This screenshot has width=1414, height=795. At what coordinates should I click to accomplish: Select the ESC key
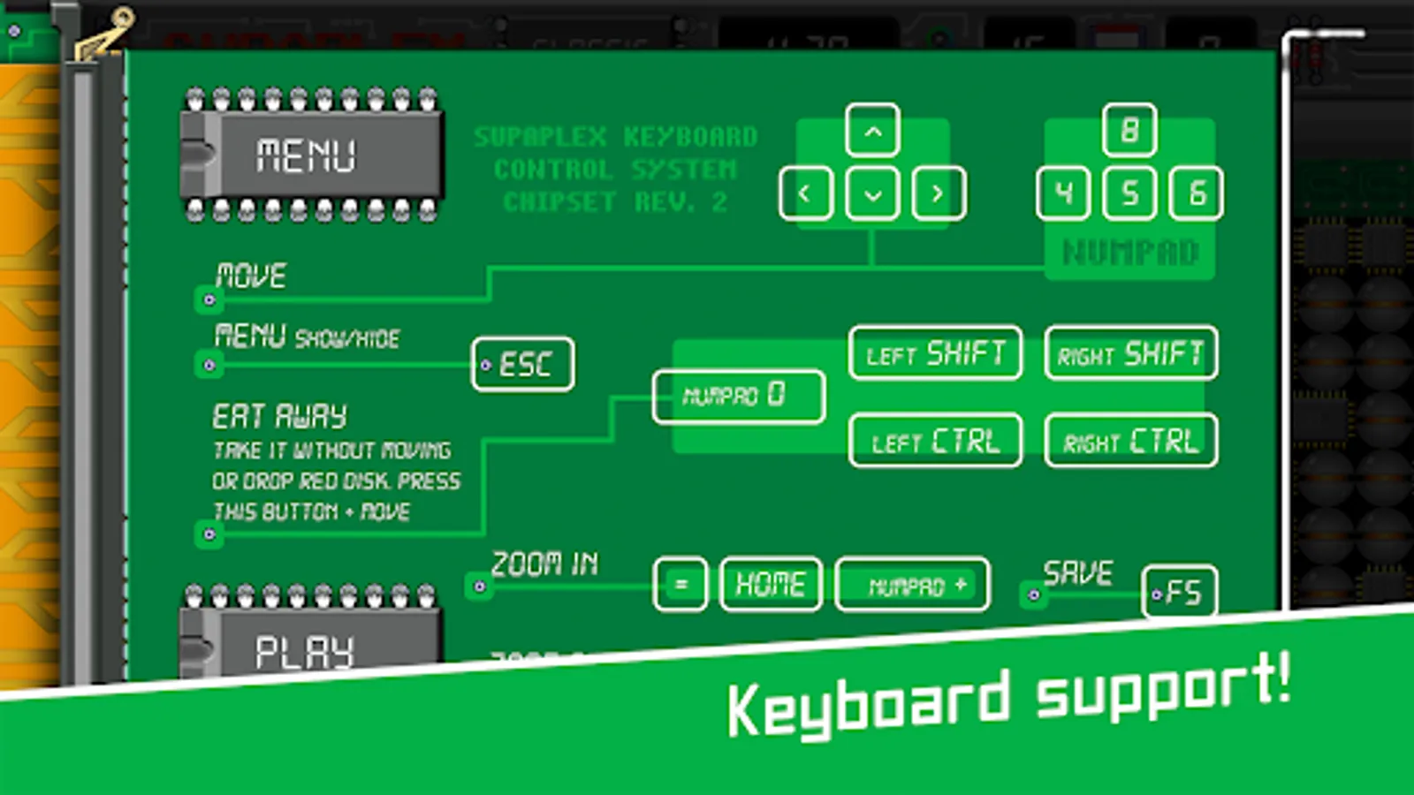pos(523,364)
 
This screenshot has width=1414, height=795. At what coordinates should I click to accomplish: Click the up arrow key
pos(872,132)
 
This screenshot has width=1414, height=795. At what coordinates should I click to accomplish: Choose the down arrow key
pos(872,193)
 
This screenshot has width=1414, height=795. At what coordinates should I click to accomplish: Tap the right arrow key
pos(938,193)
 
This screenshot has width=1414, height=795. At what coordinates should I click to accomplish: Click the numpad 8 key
pos(1129,131)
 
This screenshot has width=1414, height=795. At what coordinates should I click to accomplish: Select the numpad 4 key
pos(1063,193)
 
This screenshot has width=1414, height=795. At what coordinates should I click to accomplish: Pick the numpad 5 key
pos(1129,193)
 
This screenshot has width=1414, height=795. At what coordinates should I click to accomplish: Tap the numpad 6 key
pos(1197,193)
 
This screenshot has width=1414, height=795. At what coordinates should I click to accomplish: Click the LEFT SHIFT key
pos(935,353)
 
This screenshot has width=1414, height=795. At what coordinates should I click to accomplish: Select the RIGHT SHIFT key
pos(1130,353)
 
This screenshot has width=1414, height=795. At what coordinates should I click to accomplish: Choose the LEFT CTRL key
pos(935,440)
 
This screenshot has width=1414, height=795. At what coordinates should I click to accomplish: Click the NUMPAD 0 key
pos(738,396)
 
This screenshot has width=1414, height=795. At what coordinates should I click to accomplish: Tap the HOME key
pos(771,584)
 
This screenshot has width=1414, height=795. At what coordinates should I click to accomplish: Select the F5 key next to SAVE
pos(1181,591)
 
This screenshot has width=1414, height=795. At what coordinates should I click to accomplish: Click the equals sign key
pos(680,584)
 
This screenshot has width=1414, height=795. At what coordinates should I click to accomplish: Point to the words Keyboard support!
pos(1007,698)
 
